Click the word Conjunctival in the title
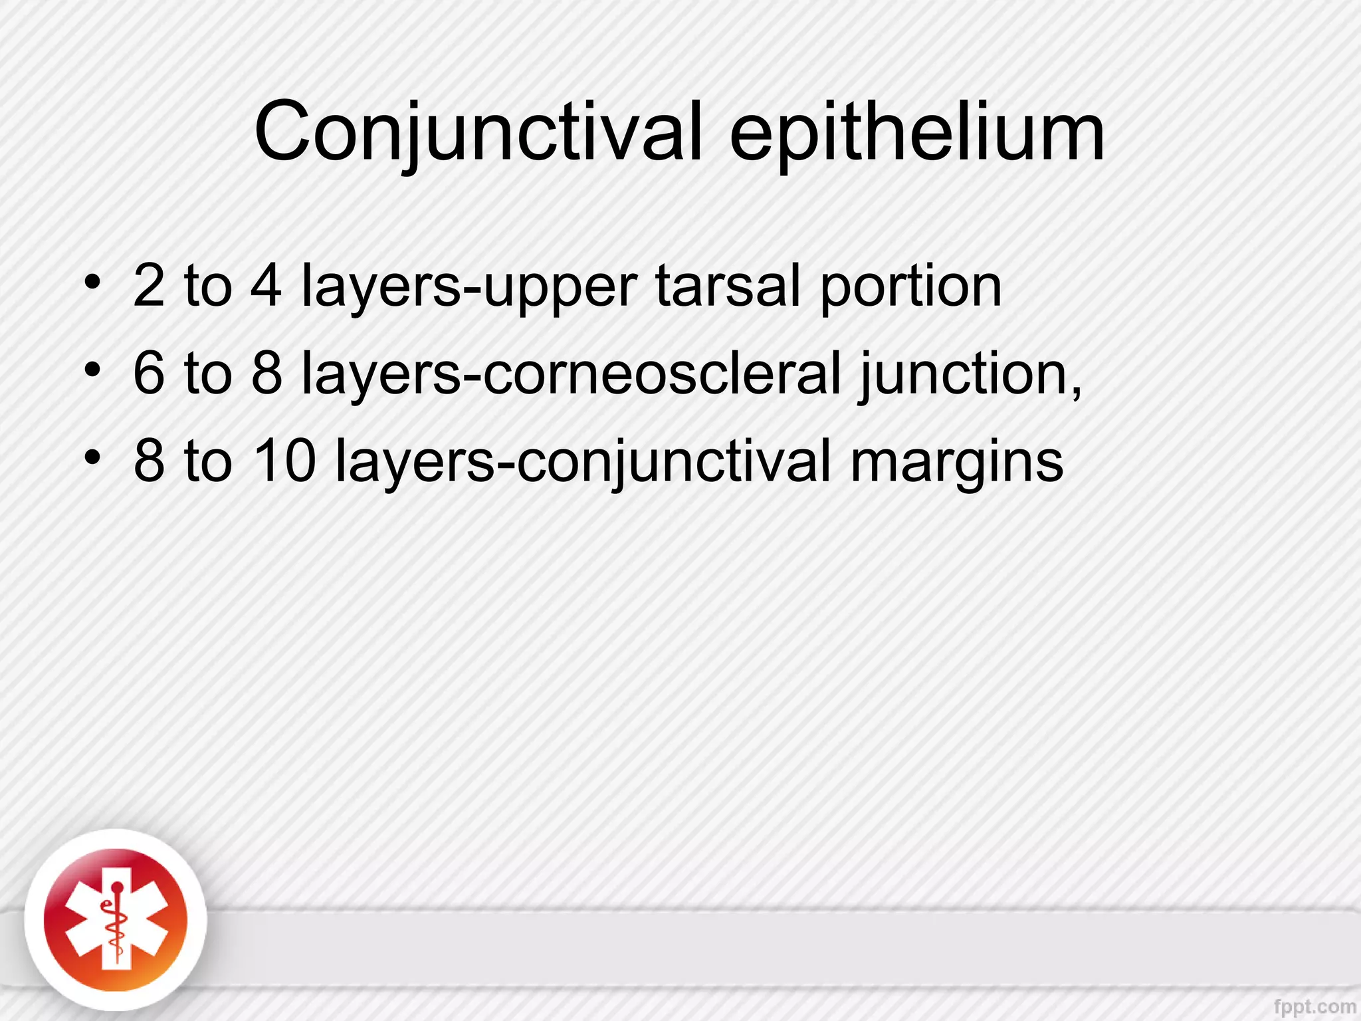pos(477,133)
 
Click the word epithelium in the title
pos(916,133)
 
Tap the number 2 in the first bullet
pos(149,286)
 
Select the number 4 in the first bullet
pos(266,286)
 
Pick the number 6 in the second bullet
pos(149,374)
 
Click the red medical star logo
pos(116,920)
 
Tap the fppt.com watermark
pos(1314,1006)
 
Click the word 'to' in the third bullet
pos(208,461)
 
